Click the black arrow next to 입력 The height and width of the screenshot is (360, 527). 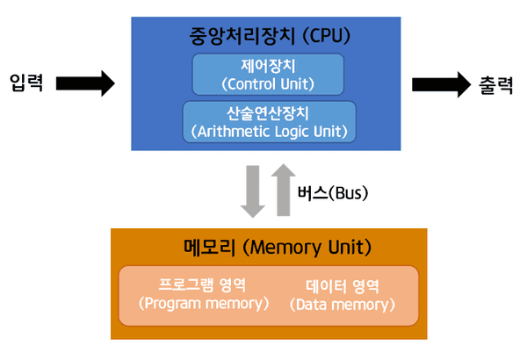coord(85,84)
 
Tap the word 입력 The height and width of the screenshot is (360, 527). coord(27,85)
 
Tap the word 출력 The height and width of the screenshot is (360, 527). coord(497,85)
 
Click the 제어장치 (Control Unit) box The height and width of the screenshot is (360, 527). coord(269,74)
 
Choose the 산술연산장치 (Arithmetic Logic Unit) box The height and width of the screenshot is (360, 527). coord(269,122)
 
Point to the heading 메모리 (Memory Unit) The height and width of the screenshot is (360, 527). coord(269,247)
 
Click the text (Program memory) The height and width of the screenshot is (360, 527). coord(203,304)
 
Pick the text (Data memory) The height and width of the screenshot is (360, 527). coord(342,305)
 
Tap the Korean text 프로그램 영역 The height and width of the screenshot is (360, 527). coord(203,285)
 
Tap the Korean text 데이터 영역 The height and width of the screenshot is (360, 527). coord(342,286)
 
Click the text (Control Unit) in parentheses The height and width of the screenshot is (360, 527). coord(269,84)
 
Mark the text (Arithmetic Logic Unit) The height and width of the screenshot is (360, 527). coord(269,132)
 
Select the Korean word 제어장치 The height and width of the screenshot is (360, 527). coord(269,65)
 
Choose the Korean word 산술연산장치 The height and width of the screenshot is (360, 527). coord(269,112)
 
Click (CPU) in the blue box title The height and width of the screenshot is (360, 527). coord(325,37)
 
